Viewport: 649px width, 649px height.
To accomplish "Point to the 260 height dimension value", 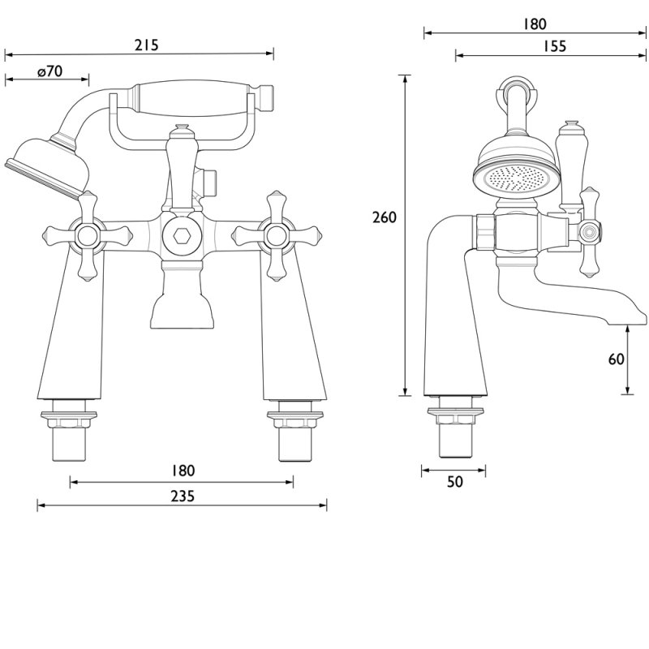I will tap(384, 217).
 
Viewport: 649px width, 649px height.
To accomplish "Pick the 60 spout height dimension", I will tap(616, 358).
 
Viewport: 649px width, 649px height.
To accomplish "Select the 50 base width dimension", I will tap(454, 482).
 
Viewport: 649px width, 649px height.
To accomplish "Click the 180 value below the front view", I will tap(183, 471).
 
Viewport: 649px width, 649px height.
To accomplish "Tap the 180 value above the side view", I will tap(535, 24).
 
